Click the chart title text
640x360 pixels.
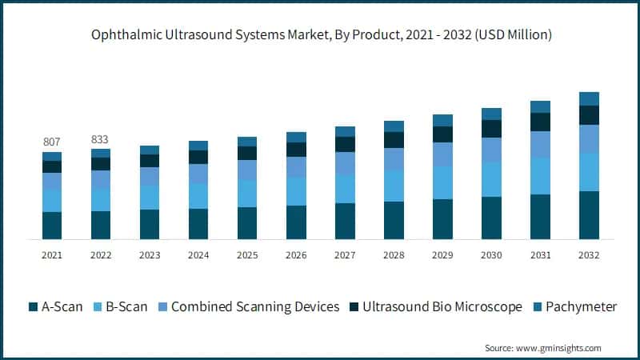[320, 35]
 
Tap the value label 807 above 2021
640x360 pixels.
[52, 142]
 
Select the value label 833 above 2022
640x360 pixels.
[101, 138]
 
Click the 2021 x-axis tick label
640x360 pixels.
[52, 254]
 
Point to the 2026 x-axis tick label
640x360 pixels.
[296, 254]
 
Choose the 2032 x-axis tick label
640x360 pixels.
[589, 254]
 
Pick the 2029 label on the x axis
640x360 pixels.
[442, 254]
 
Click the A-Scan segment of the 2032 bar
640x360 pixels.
[589, 215]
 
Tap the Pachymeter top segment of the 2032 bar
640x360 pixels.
[589, 98]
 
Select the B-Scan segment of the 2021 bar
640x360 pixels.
[52, 201]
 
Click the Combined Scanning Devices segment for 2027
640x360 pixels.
[345, 163]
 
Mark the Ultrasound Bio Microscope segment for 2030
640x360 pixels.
[491, 129]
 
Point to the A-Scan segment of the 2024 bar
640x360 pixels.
[198, 224]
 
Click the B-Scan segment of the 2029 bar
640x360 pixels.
[442, 182]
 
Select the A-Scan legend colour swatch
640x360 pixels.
[33, 307]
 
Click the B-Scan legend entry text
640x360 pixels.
[126, 307]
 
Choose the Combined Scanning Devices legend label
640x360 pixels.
[255, 307]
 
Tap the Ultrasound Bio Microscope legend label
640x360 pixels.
[442, 307]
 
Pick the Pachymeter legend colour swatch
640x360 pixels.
[538, 307]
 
